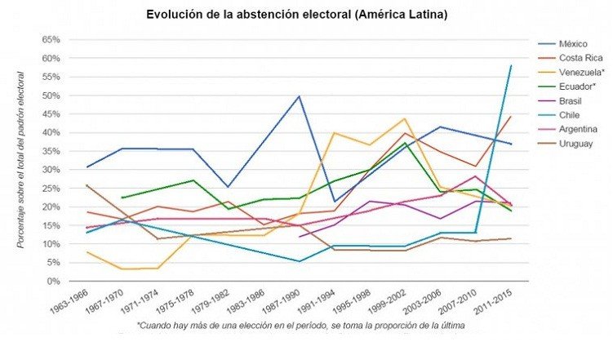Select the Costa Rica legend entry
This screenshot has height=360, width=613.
click(x=581, y=57)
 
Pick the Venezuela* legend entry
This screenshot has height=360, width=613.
click(x=582, y=72)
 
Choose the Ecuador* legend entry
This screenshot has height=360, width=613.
click(x=579, y=87)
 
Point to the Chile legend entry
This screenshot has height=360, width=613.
click(x=571, y=115)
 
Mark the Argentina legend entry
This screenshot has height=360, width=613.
click(x=580, y=130)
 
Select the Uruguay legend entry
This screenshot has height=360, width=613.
click(x=577, y=144)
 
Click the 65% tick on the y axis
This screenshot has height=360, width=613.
click(x=50, y=40)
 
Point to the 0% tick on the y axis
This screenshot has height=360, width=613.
click(x=53, y=281)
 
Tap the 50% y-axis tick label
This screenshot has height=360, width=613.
click(x=50, y=96)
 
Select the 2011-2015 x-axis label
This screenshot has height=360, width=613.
click(x=492, y=305)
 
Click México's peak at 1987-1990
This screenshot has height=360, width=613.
click(x=300, y=96)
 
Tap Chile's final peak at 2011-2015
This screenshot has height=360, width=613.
click(x=511, y=66)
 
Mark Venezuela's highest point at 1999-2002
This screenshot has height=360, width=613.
click(x=405, y=118)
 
